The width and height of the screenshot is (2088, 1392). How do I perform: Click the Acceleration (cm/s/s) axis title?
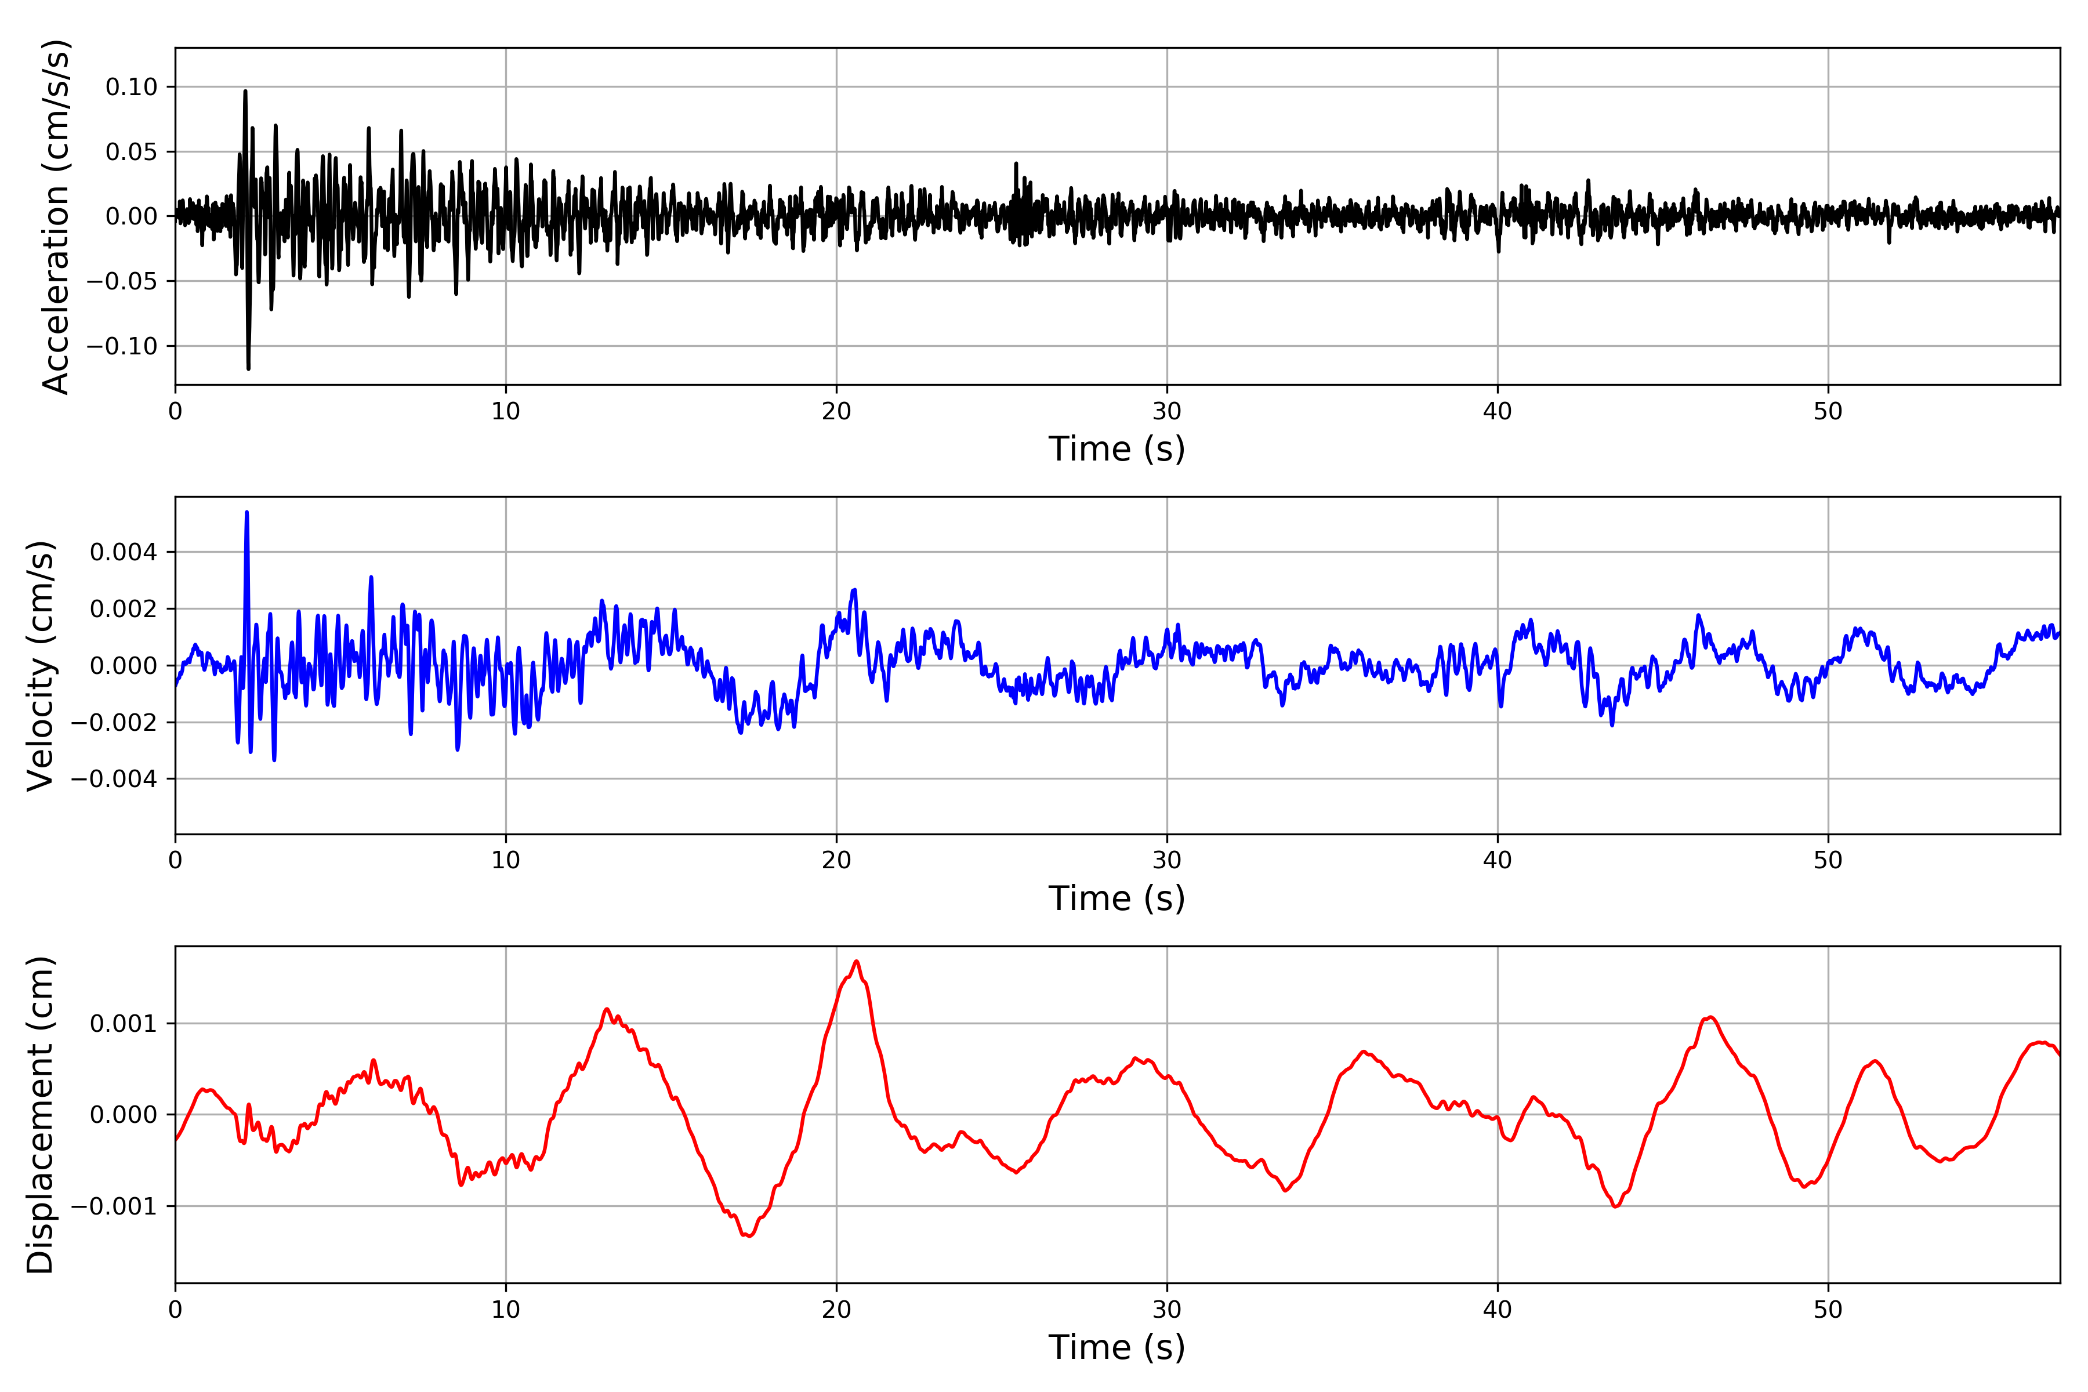[x=55, y=216]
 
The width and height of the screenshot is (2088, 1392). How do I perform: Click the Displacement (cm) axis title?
[x=41, y=1114]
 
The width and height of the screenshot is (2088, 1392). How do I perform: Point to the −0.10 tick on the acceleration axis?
[x=122, y=346]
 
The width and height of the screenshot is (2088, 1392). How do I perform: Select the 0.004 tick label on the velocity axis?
[x=124, y=552]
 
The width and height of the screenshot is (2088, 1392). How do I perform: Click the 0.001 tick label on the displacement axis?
[x=124, y=1024]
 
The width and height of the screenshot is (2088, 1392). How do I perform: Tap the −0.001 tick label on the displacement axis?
[x=114, y=1206]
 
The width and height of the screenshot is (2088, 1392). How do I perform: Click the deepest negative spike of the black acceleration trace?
[x=249, y=368]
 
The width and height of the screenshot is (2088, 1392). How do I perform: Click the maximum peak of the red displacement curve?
[x=856, y=962]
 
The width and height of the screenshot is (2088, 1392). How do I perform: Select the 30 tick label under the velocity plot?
[x=1166, y=860]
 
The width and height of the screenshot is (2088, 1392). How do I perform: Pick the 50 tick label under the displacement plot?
[x=1828, y=1310]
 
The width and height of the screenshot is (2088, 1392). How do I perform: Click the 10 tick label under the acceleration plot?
[x=506, y=411]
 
